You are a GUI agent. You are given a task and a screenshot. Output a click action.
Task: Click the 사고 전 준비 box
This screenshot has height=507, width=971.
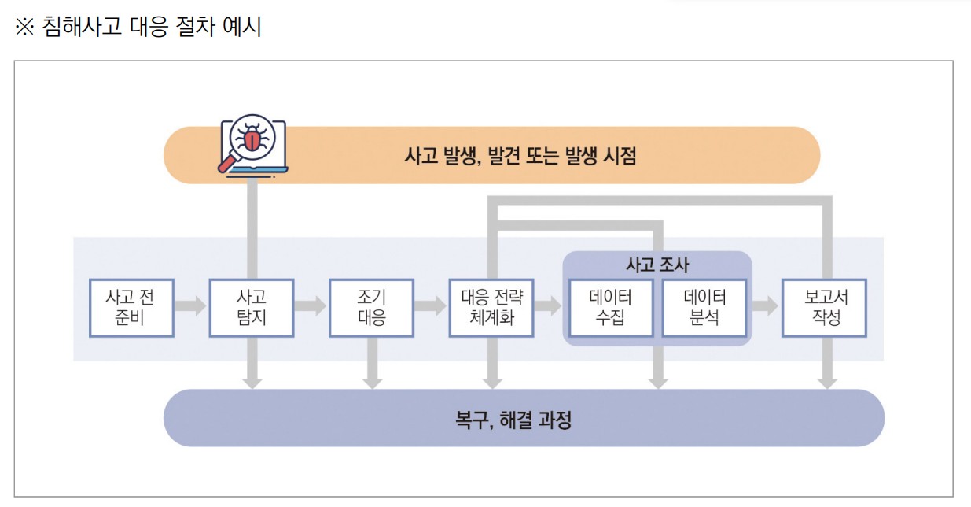point(131,308)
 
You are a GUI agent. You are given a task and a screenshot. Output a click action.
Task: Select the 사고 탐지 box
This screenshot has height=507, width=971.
point(252,308)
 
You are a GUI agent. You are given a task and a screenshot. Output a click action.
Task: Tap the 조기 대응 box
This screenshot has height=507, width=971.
point(372,308)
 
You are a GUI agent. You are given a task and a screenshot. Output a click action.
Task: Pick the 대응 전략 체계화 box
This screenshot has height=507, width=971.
point(492,308)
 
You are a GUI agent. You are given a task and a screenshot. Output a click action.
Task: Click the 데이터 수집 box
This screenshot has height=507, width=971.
point(611,308)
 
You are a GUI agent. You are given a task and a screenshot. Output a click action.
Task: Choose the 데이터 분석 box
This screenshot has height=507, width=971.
point(704,308)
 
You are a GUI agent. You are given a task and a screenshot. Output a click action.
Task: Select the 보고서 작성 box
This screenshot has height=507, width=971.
point(824,308)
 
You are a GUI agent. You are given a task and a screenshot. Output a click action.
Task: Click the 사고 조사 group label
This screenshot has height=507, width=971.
point(657,265)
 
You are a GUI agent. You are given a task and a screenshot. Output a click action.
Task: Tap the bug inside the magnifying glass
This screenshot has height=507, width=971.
point(252,140)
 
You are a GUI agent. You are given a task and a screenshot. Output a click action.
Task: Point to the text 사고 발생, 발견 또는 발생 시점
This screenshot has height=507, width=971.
point(520,155)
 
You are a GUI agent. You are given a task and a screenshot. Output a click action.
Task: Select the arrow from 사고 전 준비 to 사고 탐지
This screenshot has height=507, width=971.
point(191,306)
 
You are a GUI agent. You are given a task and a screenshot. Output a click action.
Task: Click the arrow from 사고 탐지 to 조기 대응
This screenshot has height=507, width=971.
point(311,306)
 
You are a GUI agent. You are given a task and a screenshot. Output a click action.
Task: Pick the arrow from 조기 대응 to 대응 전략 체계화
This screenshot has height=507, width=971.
point(432,306)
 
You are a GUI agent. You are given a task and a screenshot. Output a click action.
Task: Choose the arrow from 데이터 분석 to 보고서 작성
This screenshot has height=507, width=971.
point(764,306)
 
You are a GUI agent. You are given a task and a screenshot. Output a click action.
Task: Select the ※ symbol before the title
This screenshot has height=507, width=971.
point(25,28)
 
